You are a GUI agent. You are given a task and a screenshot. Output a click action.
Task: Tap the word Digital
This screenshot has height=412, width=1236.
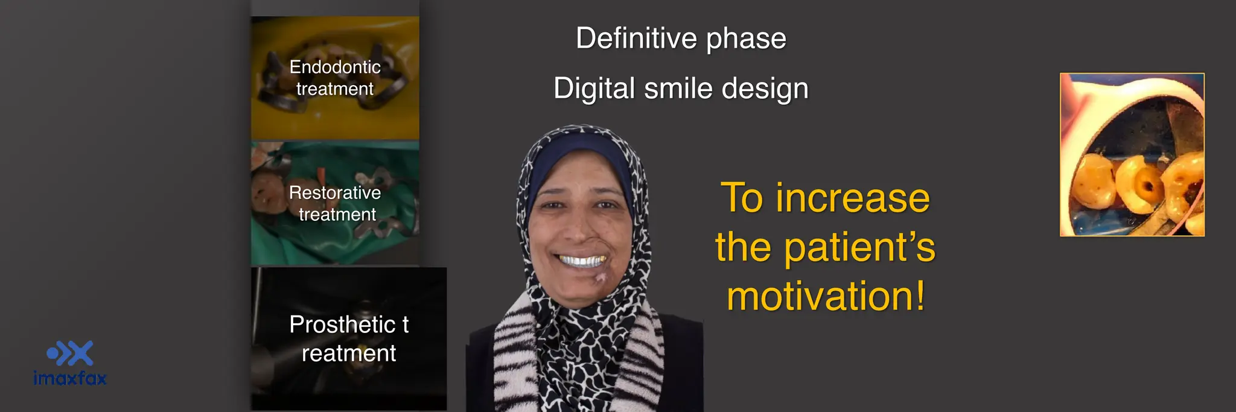coord(594,89)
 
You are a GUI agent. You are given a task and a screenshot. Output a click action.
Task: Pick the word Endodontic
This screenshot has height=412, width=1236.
coord(335,67)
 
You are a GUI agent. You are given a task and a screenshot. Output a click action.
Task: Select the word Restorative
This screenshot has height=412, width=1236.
coord(335,192)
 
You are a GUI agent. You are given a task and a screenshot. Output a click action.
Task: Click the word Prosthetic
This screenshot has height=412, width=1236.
coord(342,325)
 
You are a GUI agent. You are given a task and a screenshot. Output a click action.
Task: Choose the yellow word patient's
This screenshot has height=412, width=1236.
coord(859,248)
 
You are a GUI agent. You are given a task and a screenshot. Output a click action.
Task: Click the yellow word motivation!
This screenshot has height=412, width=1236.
coord(826,296)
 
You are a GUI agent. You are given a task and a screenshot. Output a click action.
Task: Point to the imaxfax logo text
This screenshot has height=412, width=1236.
coord(70,378)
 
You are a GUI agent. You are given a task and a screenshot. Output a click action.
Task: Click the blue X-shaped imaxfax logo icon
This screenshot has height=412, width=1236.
coord(71,353)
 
